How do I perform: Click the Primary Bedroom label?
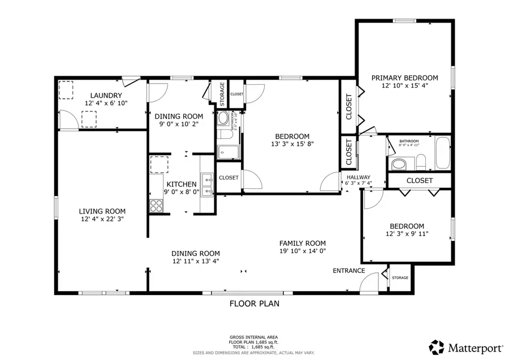(x=404, y=78)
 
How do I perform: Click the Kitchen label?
(x=181, y=184)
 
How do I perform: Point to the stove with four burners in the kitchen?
(x=156, y=206)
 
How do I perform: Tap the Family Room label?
(x=303, y=242)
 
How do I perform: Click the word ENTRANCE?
(x=348, y=271)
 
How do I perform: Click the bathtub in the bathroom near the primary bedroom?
(x=442, y=153)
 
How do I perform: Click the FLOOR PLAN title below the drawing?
(x=254, y=303)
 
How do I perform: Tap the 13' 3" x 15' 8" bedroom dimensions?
(x=292, y=144)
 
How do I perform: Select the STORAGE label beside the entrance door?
(x=400, y=278)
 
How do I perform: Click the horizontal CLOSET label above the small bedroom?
(x=420, y=181)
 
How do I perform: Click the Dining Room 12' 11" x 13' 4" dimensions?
(x=196, y=261)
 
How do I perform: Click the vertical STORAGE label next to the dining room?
(x=222, y=94)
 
